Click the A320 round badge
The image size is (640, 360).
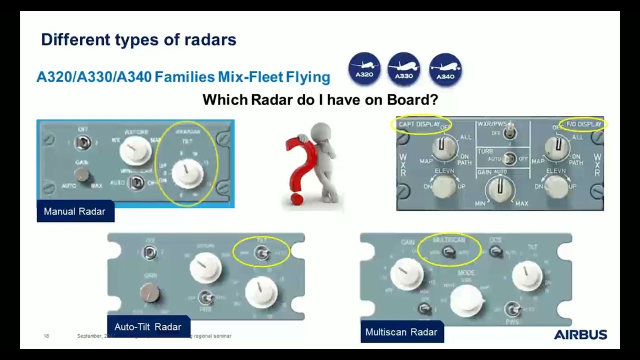[364, 69]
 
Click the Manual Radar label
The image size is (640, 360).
[74, 211]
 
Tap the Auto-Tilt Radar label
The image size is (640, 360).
[148, 327]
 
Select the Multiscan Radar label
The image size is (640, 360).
[401, 332]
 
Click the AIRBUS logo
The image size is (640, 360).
[580, 334]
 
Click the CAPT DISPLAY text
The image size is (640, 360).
[419, 124]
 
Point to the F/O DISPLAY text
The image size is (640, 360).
[583, 124]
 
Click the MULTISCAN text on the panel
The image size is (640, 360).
[448, 240]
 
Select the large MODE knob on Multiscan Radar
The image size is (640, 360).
[466, 298]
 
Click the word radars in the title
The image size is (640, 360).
[210, 39]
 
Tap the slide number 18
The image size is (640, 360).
[46, 336]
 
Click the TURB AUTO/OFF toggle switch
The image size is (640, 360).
[508, 159]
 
